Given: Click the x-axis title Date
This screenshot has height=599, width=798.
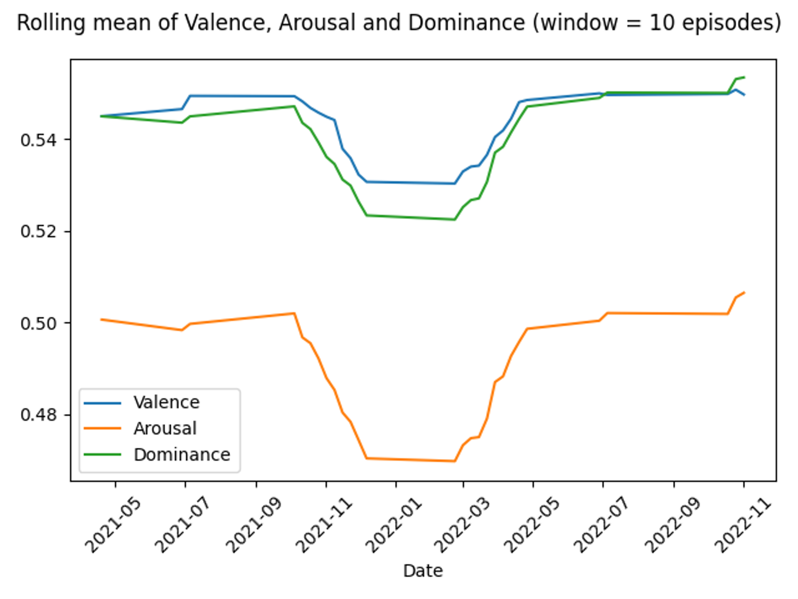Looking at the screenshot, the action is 423,571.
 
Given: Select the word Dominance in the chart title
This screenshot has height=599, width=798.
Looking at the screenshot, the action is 466,22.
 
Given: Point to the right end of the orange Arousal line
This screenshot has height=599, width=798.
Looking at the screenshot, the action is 744,292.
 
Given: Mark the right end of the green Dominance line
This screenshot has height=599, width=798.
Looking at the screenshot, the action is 744,77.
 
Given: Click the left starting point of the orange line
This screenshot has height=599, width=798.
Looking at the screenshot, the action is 101,319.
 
